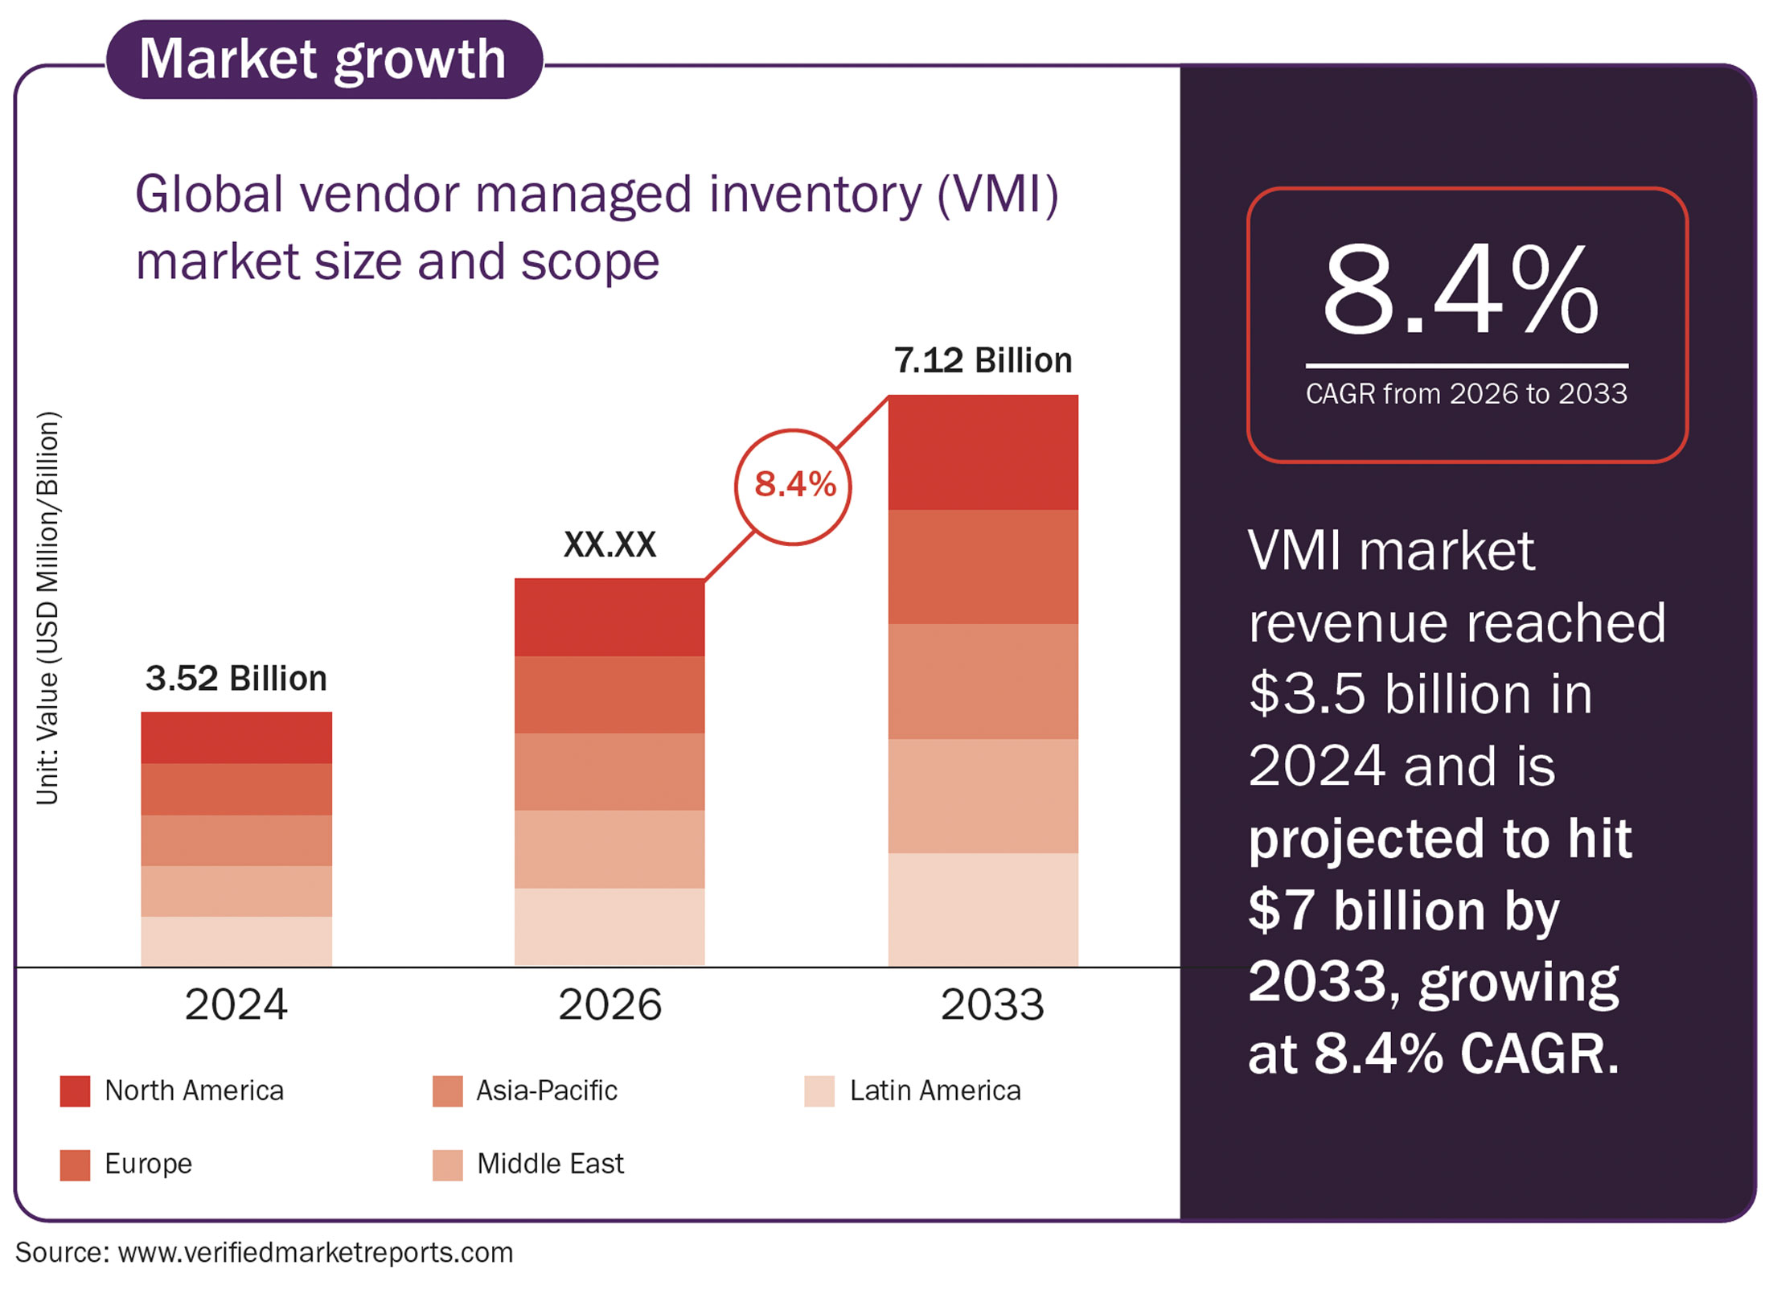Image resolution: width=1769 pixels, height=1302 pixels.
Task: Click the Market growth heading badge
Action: pos(324,60)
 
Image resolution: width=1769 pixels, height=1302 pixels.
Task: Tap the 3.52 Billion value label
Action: pos(236,678)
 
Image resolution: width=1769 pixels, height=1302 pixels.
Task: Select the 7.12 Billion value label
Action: pos(983,360)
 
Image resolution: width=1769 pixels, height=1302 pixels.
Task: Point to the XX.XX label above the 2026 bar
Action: pos(610,544)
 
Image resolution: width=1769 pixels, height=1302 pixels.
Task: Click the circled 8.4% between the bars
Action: pos(793,487)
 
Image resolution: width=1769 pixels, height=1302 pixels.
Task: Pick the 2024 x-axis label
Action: pos(236,1004)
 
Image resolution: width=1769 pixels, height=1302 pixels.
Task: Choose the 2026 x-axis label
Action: pos(610,1004)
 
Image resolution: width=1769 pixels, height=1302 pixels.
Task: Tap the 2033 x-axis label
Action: pos(992,1004)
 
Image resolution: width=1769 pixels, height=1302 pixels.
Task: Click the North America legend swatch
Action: pos(75,1091)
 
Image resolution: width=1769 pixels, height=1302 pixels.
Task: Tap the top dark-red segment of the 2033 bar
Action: pos(983,452)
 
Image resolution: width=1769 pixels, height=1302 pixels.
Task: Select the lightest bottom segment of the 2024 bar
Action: pos(236,941)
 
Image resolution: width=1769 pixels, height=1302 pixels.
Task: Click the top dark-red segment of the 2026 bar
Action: pos(610,617)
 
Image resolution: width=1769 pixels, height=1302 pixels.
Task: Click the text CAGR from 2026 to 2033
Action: pos(1466,393)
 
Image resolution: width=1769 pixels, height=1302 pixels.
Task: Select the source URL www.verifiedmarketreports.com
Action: pos(315,1252)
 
